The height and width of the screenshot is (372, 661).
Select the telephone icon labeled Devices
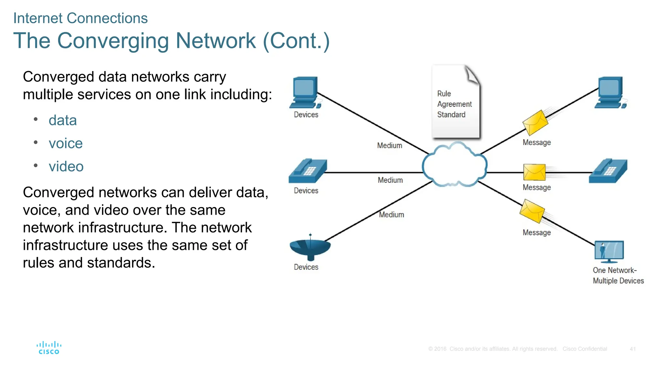pyautogui.click(x=308, y=171)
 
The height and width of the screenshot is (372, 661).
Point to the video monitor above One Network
pyautogui.click(x=609, y=251)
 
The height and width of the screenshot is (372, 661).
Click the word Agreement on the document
pyautogui.click(x=454, y=104)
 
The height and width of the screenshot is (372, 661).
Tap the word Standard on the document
pyautogui.click(x=451, y=115)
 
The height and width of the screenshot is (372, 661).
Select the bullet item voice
pyautogui.click(x=66, y=143)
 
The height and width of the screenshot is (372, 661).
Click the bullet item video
pyautogui.click(x=66, y=167)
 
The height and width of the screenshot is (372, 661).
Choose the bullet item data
pyautogui.click(x=63, y=120)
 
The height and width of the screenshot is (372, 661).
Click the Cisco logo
pyautogui.click(x=49, y=348)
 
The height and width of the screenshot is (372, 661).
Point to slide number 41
pyautogui.click(x=632, y=349)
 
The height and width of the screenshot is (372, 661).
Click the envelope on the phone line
pyautogui.click(x=534, y=172)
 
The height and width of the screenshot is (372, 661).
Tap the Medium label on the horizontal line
pyautogui.click(x=390, y=180)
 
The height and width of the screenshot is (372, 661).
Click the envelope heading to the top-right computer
pyautogui.click(x=535, y=123)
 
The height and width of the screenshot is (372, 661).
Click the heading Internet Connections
pyautogui.click(x=80, y=18)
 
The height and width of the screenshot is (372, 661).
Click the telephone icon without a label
pyautogui.click(x=608, y=171)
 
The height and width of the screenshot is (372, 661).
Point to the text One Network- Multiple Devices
pyautogui.click(x=618, y=275)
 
